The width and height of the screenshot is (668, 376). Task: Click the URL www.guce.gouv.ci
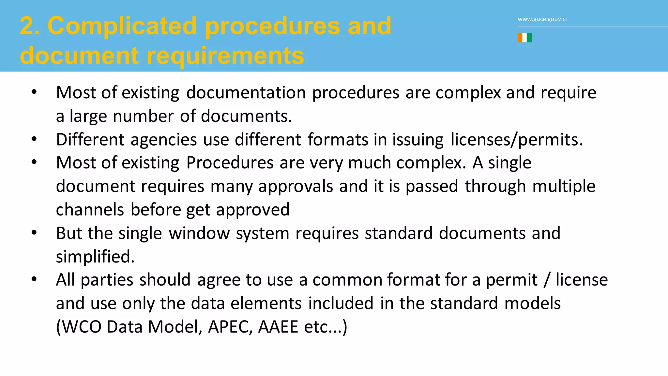click(x=542, y=19)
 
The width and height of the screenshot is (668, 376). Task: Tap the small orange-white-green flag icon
click(x=524, y=38)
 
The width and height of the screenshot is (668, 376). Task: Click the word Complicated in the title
click(x=122, y=26)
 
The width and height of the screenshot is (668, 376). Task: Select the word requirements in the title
click(x=225, y=56)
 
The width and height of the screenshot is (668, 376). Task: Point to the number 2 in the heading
click(x=27, y=26)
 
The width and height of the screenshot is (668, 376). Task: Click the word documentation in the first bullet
click(x=246, y=93)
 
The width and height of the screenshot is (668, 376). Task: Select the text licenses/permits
click(x=516, y=140)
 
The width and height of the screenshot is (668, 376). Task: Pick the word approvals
click(x=296, y=186)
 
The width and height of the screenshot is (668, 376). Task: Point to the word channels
click(x=90, y=210)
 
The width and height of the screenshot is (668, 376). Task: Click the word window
click(x=199, y=233)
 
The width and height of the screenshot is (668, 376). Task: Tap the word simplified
click(x=95, y=257)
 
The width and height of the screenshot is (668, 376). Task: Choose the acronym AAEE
click(x=278, y=327)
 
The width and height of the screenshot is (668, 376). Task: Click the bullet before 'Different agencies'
click(x=34, y=139)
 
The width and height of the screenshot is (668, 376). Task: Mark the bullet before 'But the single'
click(x=34, y=233)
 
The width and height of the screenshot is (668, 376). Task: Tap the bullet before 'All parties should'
click(x=34, y=280)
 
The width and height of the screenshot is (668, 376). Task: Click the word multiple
click(x=564, y=186)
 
